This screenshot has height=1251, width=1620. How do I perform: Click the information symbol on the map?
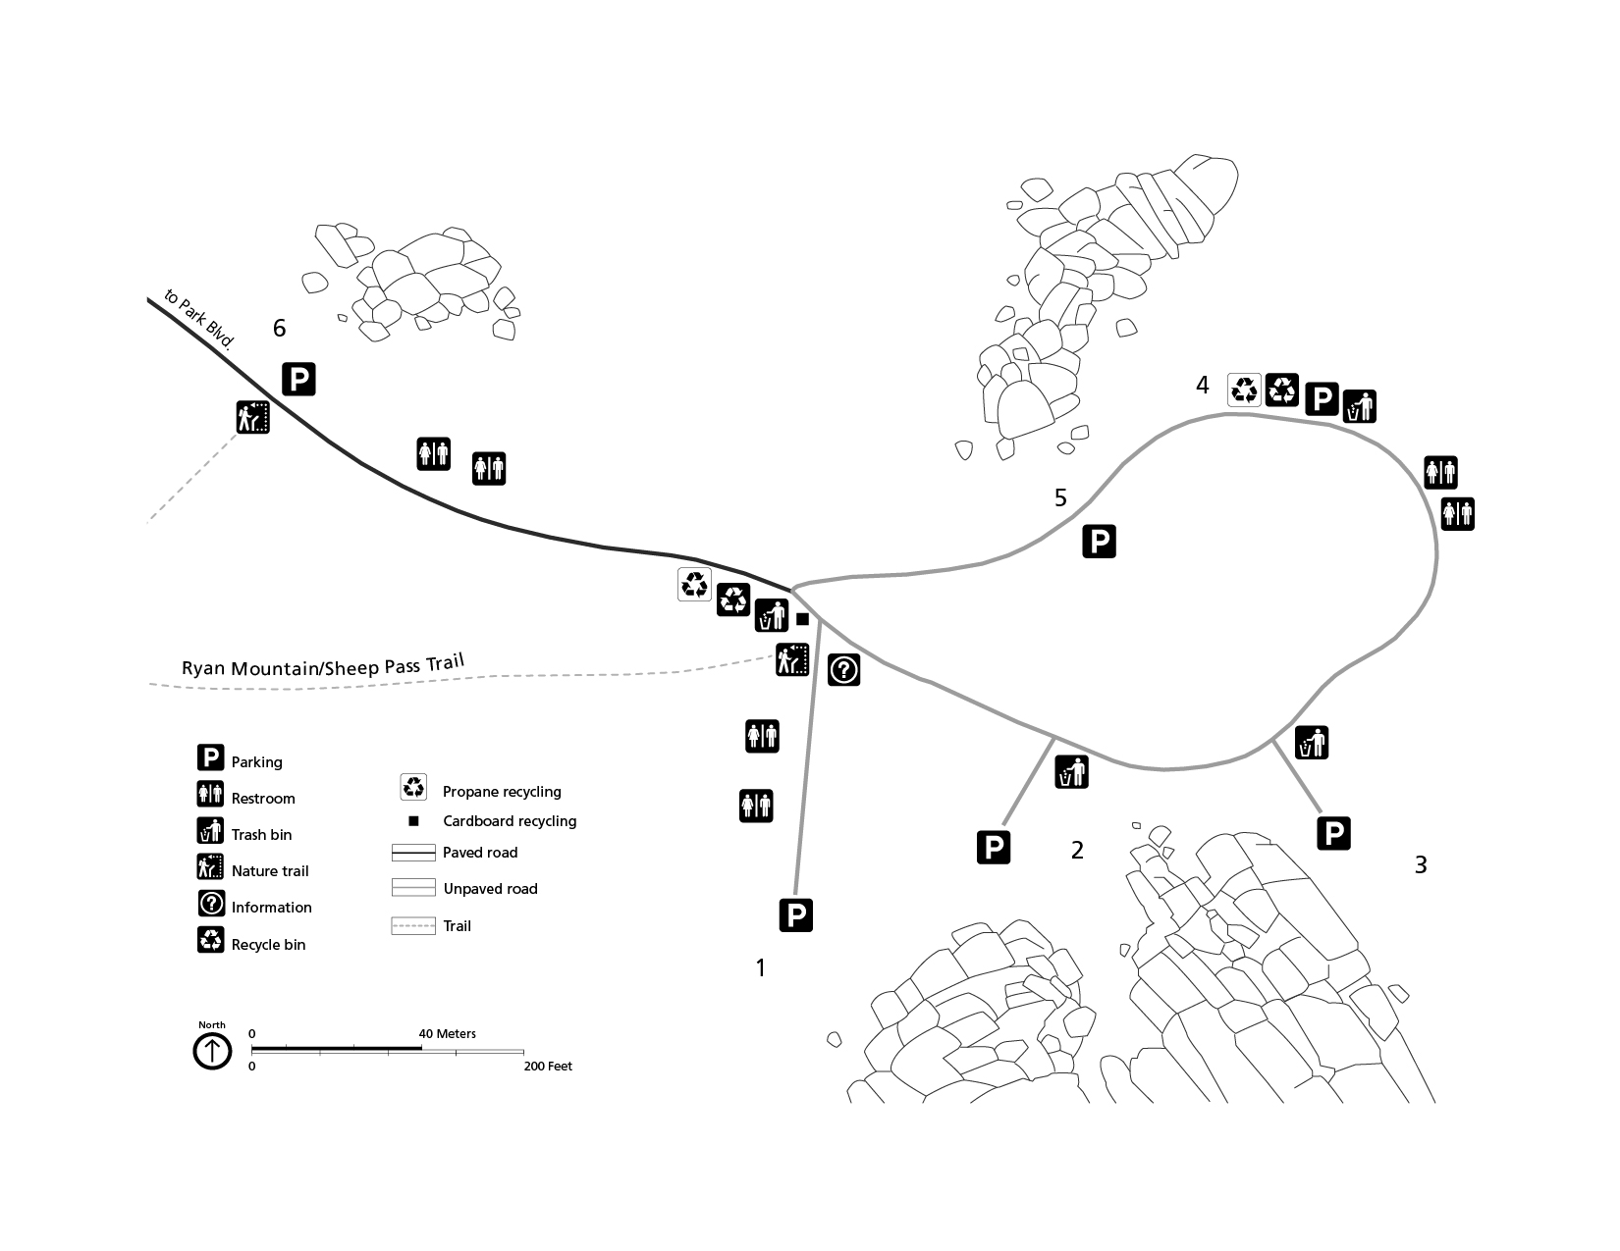click(844, 670)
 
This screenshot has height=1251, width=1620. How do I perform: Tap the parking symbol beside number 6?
click(299, 379)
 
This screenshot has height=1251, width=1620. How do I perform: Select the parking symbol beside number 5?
click(1100, 542)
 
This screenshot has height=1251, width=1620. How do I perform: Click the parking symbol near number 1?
click(796, 915)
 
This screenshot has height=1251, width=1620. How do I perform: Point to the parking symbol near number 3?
click(1333, 833)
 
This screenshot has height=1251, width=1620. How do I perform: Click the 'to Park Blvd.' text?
click(200, 320)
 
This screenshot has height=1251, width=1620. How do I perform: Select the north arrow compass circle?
click(212, 1052)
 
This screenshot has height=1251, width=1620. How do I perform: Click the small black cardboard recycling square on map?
click(802, 619)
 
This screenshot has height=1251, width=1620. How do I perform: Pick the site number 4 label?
click(1203, 386)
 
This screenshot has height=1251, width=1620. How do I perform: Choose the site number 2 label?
click(1077, 851)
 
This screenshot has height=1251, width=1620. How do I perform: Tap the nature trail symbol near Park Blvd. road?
click(252, 418)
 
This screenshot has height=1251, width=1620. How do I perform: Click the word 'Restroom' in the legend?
click(263, 799)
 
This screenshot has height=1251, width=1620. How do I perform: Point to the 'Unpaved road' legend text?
click(490, 889)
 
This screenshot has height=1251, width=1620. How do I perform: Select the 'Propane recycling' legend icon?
click(414, 787)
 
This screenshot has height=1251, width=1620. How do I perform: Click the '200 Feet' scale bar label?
click(548, 1067)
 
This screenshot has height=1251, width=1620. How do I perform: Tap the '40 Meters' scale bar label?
click(447, 1034)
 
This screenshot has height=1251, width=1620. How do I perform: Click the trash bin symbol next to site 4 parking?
click(1360, 406)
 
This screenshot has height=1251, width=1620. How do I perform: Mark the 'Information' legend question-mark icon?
click(211, 904)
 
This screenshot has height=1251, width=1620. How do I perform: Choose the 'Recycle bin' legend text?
click(268, 945)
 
